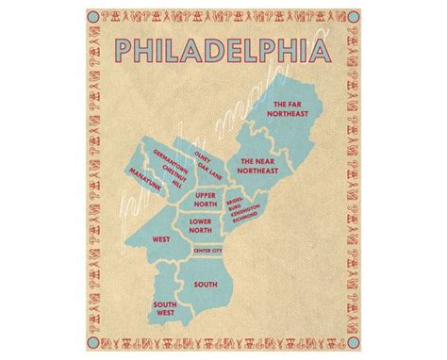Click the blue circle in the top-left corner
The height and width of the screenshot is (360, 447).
click(x=93, y=17)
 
